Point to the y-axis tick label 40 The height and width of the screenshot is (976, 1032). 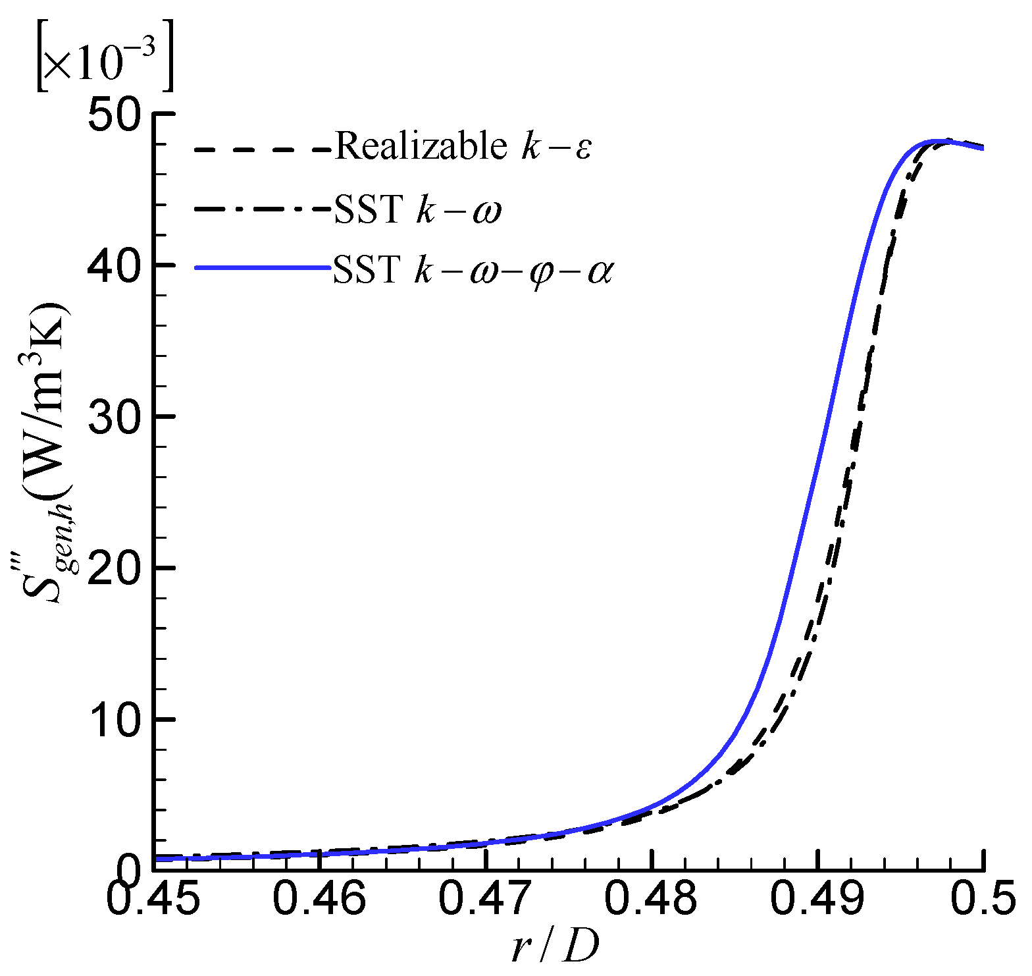coord(115,265)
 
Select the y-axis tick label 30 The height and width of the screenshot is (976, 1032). coord(115,417)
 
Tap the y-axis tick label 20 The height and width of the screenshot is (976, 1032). coord(115,568)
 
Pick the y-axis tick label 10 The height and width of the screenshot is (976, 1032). coord(115,719)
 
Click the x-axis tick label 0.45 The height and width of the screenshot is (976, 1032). coord(153,900)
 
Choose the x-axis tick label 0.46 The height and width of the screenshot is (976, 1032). coord(319,900)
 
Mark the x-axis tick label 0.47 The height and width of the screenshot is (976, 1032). coord(485,900)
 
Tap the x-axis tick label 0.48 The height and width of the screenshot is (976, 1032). coord(651,900)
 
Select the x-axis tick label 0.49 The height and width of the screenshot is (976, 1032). coord(817,900)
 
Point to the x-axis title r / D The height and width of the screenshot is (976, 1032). coord(555,948)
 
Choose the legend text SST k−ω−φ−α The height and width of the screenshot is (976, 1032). coord(473,269)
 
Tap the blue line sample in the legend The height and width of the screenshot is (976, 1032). coord(262,268)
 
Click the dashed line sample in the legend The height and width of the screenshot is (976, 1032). coord(262,149)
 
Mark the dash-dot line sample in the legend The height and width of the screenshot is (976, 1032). coord(262,210)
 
